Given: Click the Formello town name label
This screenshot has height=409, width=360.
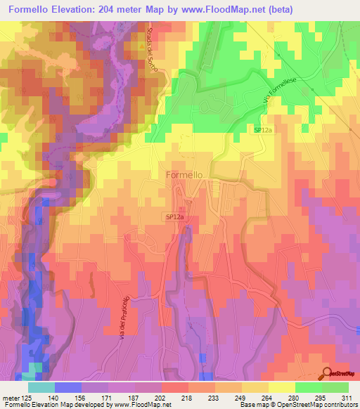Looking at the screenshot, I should [184, 174].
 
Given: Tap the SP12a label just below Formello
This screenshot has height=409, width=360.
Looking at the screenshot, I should [176, 218].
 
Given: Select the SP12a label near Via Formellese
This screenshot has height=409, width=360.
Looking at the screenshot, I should [262, 130].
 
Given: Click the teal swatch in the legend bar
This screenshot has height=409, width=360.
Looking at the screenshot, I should [41, 387].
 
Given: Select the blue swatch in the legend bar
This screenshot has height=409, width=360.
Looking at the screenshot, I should [67, 387].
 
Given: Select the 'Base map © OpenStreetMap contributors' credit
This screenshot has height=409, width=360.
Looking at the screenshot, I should [297, 405].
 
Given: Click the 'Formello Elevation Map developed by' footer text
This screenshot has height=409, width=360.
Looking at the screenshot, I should [56, 405].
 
